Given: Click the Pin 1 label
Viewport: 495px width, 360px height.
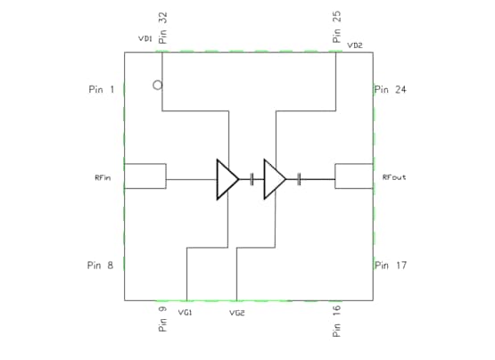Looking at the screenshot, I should pos(102,89).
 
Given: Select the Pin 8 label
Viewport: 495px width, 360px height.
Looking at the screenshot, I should pos(100,265).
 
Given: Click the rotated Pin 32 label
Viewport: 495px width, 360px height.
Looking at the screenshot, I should pos(162,28).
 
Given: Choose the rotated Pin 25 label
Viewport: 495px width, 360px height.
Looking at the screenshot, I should pos(336,28).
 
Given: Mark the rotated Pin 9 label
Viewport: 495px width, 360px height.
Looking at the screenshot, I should pos(162,320).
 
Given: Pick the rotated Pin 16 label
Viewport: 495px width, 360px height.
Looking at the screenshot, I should pos(336,320).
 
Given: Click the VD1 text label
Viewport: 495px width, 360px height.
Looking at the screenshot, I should pos(144,39).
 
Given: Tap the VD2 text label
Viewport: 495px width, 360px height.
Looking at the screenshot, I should pos(355,45).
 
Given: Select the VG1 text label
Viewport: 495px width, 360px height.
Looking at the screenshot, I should pos(186,313).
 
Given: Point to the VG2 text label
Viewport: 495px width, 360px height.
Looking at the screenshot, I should pos(236,313).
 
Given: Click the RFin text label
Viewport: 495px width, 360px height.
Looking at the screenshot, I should pos(103,177).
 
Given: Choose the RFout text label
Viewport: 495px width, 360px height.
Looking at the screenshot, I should pos(394,177).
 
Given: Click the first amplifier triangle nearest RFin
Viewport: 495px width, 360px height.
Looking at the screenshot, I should pos(227,179).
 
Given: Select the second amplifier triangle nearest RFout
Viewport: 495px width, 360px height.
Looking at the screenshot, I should pos(274,179).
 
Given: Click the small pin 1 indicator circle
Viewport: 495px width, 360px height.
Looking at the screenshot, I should pos(157,86).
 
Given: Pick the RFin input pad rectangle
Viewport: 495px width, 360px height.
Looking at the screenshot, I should pos(145,176).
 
